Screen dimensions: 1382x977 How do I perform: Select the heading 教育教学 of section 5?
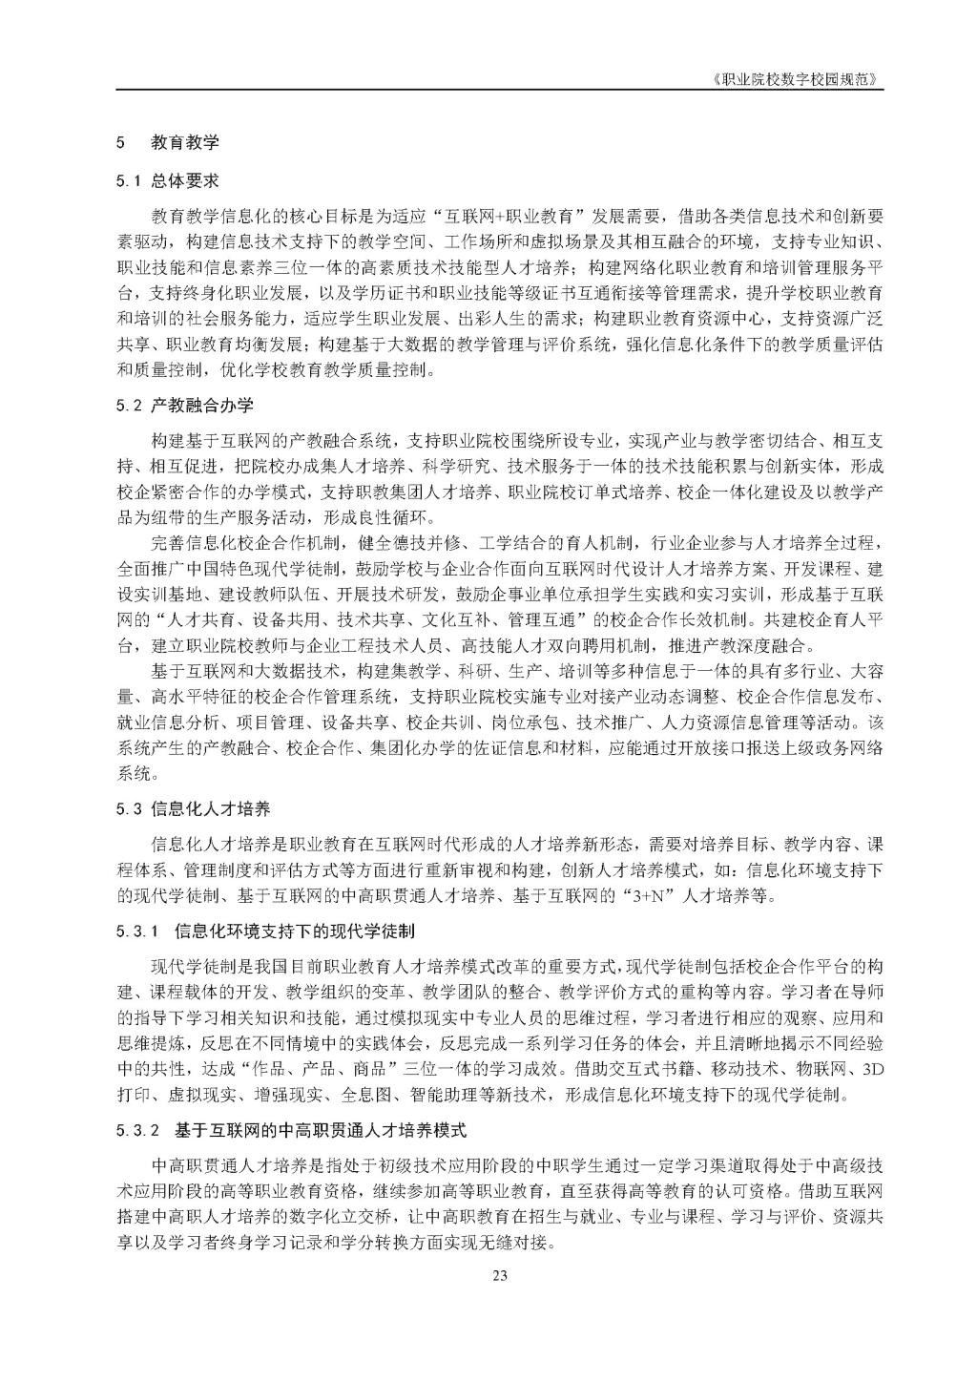pyautogui.click(x=185, y=144)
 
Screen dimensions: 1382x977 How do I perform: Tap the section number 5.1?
pyautogui.click(x=129, y=178)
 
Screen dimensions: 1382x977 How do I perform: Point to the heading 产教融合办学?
pyautogui.click(x=202, y=406)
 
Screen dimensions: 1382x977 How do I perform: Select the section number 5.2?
pyautogui.click(x=129, y=406)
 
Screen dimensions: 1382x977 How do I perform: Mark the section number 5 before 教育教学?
pyautogui.click(x=119, y=144)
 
